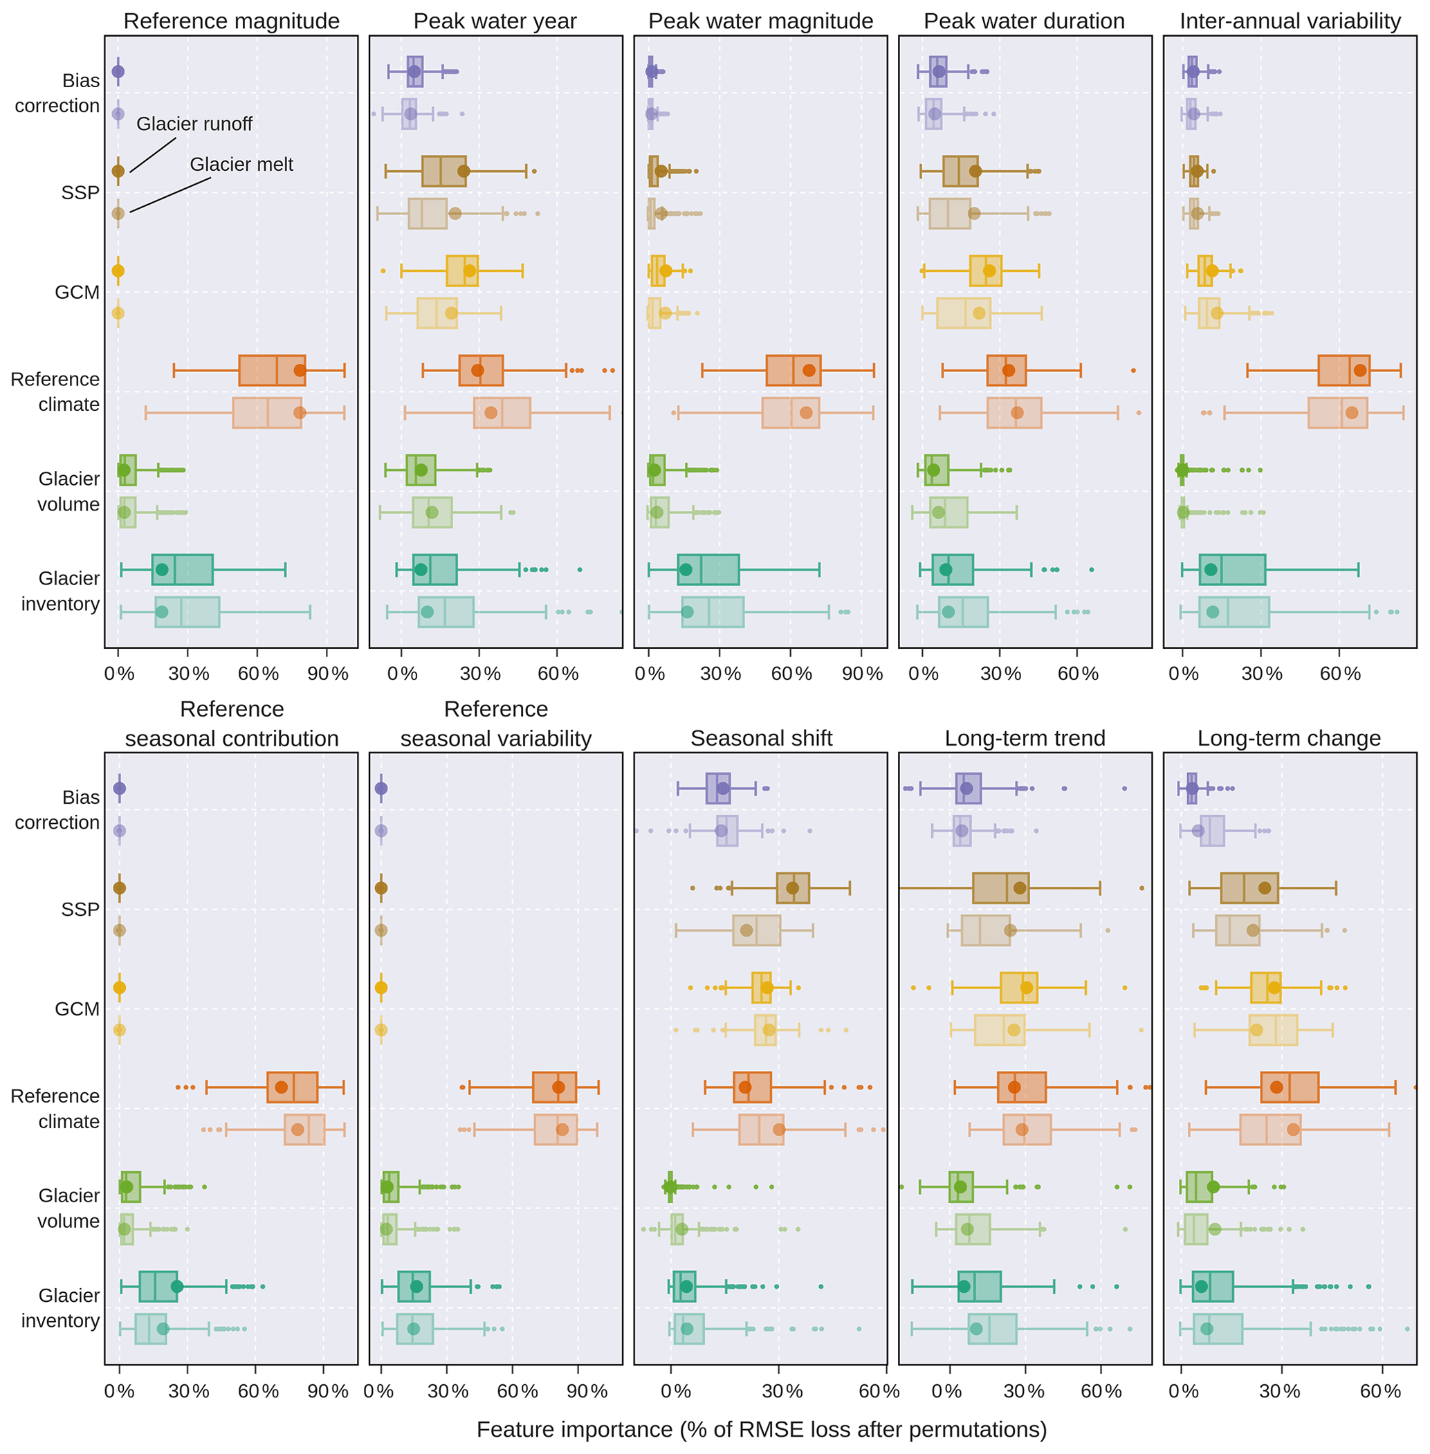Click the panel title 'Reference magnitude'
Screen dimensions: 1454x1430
(231, 21)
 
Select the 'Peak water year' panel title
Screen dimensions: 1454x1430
(495, 21)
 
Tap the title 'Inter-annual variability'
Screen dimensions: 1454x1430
(1290, 21)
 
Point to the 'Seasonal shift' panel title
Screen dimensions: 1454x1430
(761, 738)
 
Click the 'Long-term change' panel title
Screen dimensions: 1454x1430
(1289, 738)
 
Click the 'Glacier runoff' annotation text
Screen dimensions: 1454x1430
(194, 124)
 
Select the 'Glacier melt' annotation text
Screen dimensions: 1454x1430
(241, 165)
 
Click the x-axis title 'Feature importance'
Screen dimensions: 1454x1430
(761, 1429)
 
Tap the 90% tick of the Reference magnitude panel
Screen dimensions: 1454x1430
(327, 674)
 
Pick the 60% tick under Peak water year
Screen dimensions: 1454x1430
(558, 674)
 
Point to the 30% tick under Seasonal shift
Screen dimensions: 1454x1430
(782, 1391)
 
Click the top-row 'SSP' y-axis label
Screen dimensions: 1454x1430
(80, 193)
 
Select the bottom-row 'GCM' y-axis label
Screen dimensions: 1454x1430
(77, 1009)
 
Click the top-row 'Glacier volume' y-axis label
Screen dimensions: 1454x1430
(68, 491)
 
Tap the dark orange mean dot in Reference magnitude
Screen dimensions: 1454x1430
(300, 370)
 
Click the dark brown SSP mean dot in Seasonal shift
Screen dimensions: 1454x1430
(792, 887)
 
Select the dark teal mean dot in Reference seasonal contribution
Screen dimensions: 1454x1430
(176, 1287)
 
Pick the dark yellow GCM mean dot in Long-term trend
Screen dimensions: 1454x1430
(1027, 988)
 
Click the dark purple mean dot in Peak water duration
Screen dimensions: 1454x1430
(939, 72)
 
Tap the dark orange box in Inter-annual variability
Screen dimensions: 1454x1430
(1344, 370)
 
